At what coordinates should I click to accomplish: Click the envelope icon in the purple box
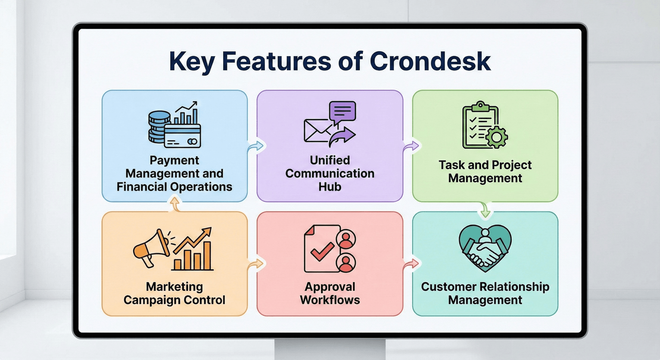(316, 131)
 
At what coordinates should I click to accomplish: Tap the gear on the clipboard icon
(496, 137)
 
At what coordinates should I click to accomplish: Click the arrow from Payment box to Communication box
(256, 146)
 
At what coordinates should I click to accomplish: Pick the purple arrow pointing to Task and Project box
(411, 146)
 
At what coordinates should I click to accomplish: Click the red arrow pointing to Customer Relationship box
(411, 264)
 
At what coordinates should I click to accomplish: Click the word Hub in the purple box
(330, 187)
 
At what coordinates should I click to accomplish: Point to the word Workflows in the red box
(330, 300)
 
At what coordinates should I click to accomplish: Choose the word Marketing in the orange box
(174, 287)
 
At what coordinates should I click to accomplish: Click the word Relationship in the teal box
(514, 287)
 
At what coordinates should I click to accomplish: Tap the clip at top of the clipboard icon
(481, 106)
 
